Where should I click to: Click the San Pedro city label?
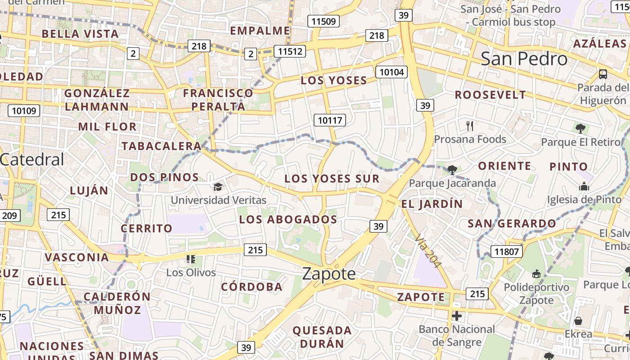(x=524, y=59)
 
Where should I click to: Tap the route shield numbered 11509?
(x=323, y=21)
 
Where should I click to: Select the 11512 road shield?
(x=290, y=51)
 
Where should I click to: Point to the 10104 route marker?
(x=391, y=72)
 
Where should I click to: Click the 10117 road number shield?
(x=330, y=120)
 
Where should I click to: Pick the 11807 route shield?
(x=506, y=252)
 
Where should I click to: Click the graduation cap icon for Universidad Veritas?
(x=218, y=186)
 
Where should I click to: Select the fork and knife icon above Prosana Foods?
(x=470, y=126)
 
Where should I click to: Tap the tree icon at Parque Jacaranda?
(x=452, y=170)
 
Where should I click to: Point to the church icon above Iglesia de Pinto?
(x=584, y=186)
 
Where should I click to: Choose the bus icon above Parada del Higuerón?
(x=603, y=74)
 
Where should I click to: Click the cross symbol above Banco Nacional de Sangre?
(x=457, y=316)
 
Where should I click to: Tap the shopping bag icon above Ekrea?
(x=578, y=321)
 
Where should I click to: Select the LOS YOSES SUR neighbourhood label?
(x=332, y=179)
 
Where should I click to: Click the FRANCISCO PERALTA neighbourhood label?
(x=218, y=99)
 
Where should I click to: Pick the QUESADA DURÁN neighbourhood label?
(x=322, y=337)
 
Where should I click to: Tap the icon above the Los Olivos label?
(x=191, y=259)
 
